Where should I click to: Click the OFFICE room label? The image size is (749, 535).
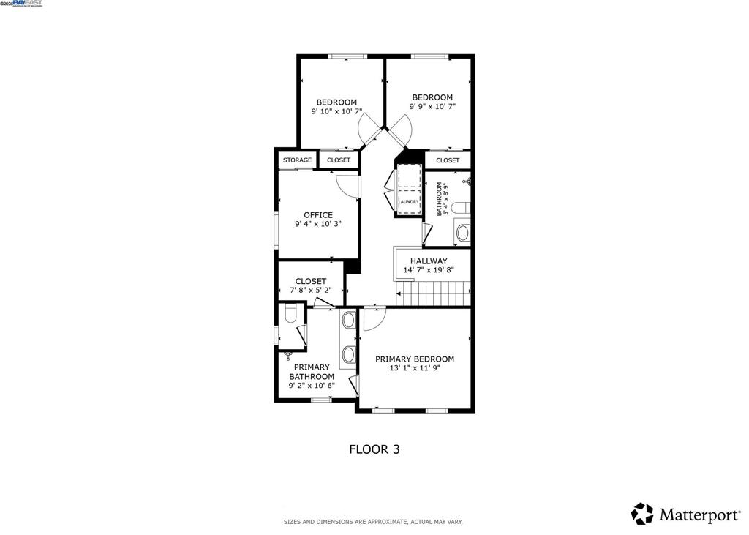pos(318,215)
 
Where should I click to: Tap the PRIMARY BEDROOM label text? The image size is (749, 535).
pos(414,359)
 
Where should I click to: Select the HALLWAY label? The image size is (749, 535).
pos(429,261)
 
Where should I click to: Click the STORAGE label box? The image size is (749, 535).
pos(298,160)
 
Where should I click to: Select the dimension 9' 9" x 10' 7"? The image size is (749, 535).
pos(432,107)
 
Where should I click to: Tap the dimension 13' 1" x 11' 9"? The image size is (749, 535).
pos(414,369)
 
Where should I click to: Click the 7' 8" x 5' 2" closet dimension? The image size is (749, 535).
pos(310,291)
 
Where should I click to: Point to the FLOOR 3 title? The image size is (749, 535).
pos(374,449)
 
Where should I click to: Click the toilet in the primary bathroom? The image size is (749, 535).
pos(290,315)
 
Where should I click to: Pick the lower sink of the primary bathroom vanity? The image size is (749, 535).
pos(349,354)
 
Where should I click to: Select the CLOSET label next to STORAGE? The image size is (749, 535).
pos(339,160)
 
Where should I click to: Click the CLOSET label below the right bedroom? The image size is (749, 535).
pos(448,160)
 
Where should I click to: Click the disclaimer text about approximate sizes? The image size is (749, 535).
pos(373,522)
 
